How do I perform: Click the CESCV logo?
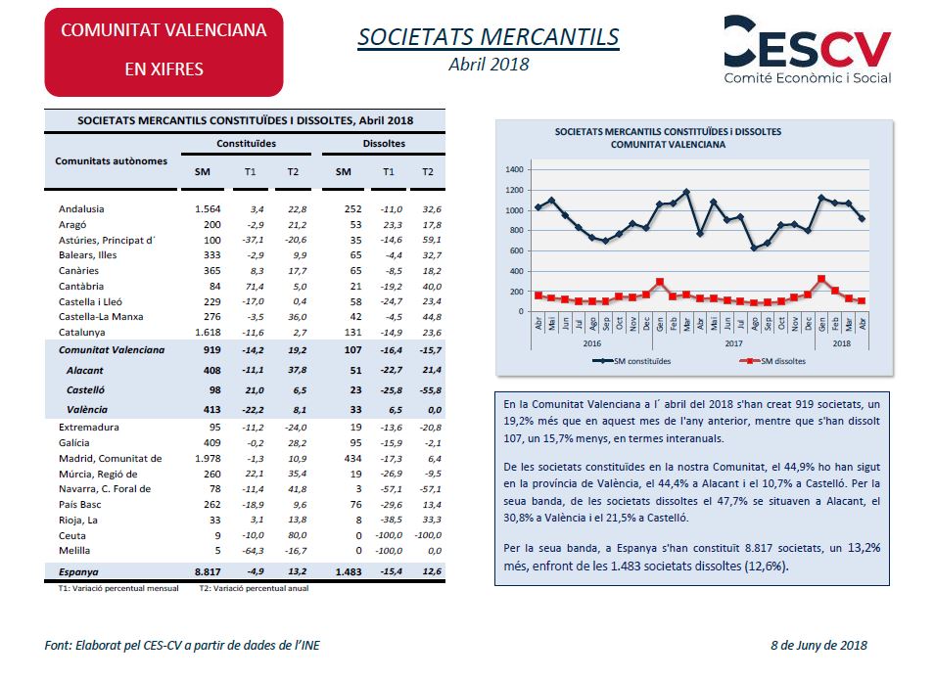pos(808,50)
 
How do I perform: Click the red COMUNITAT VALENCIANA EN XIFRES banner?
pos(164,53)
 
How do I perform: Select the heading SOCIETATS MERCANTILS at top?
pos(489,37)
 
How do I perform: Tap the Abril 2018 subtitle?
pos(489,65)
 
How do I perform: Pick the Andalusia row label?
pos(81,209)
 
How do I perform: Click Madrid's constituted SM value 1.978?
pos(208,459)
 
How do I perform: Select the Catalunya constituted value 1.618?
pos(208,333)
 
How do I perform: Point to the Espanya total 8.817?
pos(208,572)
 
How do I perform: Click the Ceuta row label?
pos(72,536)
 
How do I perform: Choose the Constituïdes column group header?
pos(247,144)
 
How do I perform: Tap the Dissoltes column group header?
pos(384,144)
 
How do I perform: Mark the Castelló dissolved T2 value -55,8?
pos(431,390)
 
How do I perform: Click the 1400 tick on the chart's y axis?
pos(514,170)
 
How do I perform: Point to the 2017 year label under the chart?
pos(734,343)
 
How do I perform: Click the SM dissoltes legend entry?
pos(772,361)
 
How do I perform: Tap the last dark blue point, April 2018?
pos(862,219)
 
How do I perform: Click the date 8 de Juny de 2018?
pos(819,646)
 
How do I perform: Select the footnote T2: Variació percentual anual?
pos(254,588)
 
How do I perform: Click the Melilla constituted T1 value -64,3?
pos(253,551)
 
